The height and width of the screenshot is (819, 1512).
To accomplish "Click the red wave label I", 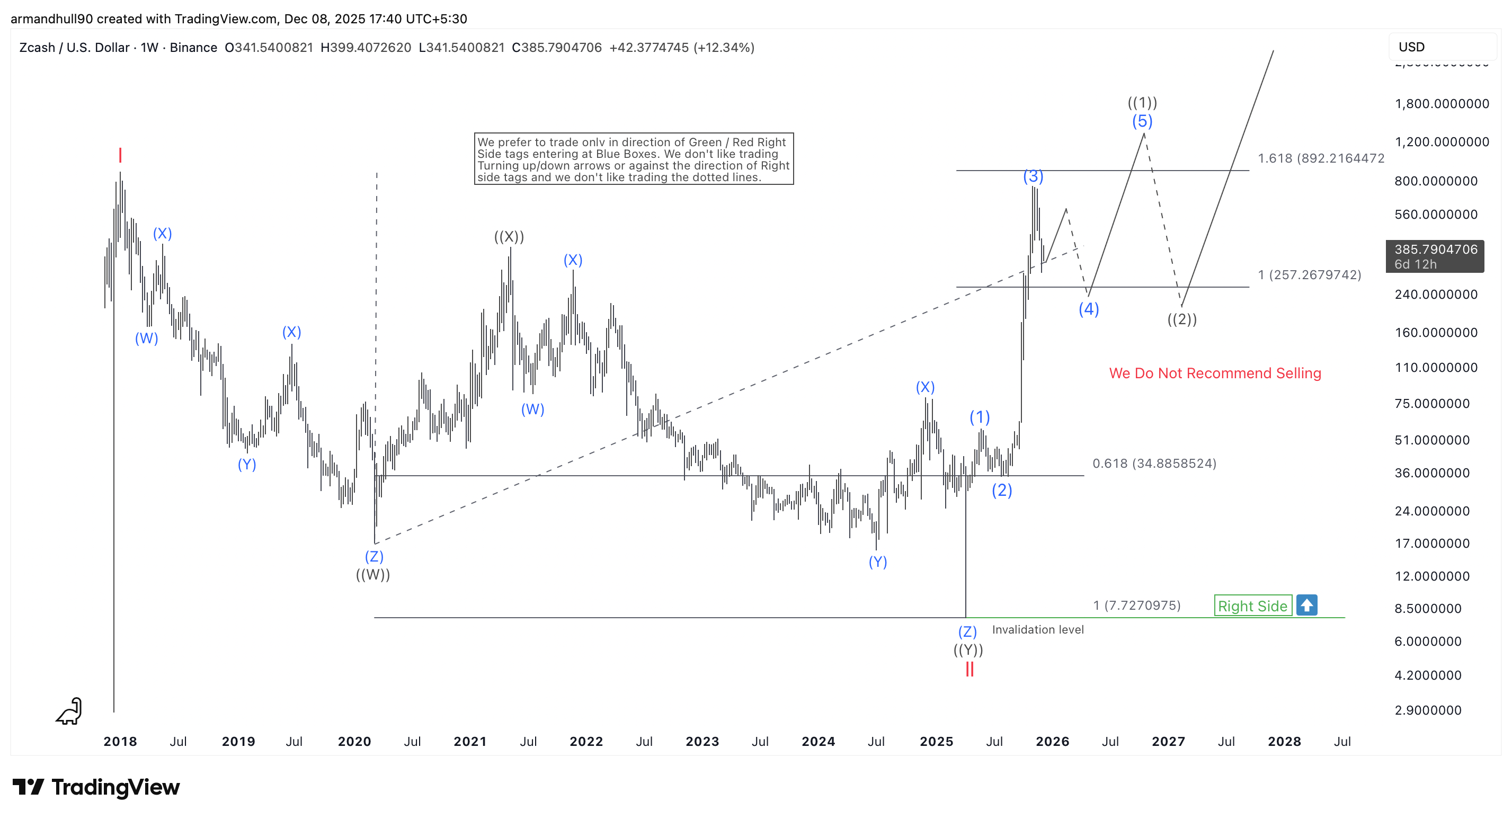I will (x=120, y=156).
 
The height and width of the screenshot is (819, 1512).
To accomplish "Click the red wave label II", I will (x=969, y=669).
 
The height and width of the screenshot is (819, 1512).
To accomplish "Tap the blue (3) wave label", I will (x=1033, y=176).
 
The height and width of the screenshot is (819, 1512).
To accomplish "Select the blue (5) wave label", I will (x=1142, y=121).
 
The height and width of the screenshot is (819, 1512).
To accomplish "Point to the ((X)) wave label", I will (x=509, y=237).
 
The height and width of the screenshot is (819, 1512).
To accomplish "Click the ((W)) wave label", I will (x=373, y=574).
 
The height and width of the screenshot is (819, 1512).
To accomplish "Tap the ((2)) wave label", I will (x=1181, y=319).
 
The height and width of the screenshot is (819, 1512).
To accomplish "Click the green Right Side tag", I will (x=1252, y=606).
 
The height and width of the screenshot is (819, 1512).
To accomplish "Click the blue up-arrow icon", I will (x=1306, y=606).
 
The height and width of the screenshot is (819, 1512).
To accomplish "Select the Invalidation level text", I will (x=1037, y=629).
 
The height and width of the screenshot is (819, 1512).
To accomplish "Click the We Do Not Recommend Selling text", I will (x=1214, y=373).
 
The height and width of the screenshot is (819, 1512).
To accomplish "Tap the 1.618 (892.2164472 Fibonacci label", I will (x=1321, y=158).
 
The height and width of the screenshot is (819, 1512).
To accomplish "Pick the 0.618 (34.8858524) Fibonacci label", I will (x=1154, y=463).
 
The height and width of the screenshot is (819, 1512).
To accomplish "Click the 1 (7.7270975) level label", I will (x=1136, y=606).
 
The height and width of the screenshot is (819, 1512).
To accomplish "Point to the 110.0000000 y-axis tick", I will (x=1436, y=368).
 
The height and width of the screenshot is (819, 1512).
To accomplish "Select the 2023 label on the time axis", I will (x=702, y=742).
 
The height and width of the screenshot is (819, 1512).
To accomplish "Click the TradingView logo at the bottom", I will (x=96, y=787).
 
